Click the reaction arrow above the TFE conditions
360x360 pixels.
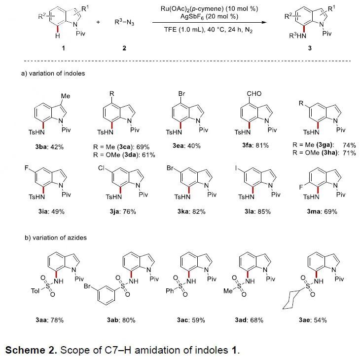pyautogui.click(x=210, y=23)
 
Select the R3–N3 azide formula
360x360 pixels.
pyautogui.click(x=124, y=22)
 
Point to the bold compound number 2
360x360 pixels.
pyautogui.click(x=124, y=48)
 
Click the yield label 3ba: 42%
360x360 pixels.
pyautogui.click(x=49, y=147)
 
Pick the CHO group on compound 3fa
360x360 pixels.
pyautogui.click(x=254, y=93)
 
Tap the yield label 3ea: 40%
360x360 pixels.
pyautogui.click(x=187, y=146)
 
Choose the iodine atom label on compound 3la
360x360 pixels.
pyautogui.click(x=236, y=168)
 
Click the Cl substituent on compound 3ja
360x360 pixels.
pyautogui.click(x=101, y=168)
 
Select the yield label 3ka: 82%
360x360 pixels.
pyautogui.click(x=191, y=211)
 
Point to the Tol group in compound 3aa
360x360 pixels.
pyautogui.click(x=35, y=291)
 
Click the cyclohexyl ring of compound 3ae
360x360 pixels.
pyautogui.click(x=291, y=300)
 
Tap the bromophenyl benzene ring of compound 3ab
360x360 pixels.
pyautogui.click(x=106, y=295)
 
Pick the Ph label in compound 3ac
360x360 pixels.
pyautogui.click(x=170, y=291)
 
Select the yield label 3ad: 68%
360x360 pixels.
pyautogui.click(x=249, y=320)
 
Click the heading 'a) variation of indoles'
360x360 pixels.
pyautogui.click(x=53, y=73)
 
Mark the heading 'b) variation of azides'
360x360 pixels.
pyautogui.click(x=56, y=238)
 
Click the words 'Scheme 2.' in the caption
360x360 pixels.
pyautogui.click(x=31, y=350)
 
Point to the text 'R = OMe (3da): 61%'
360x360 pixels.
pyautogui.click(x=124, y=155)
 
